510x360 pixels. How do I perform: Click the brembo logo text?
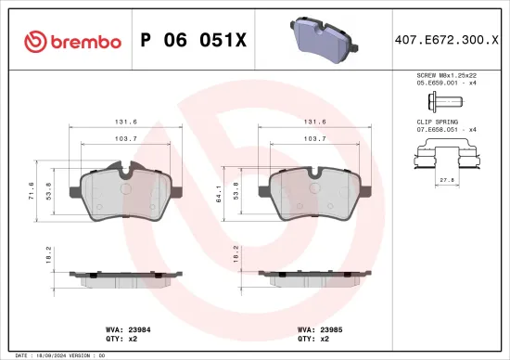tap(74, 42)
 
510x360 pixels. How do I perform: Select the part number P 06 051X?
tap(193, 42)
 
